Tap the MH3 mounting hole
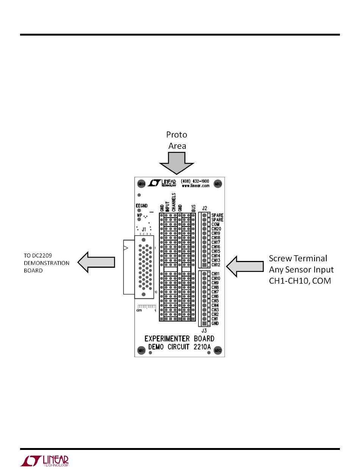click(218, 184)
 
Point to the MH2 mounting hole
click(218, 350)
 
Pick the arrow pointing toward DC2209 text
click(96, 262)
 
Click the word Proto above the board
click(177, 135)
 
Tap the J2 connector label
click(205, 208)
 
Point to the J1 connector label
click(144, 229)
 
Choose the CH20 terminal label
click(216, 229)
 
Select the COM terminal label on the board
click(215, 224)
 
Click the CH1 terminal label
click(215, 319)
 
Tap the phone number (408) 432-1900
click(196, 181)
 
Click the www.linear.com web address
click(196, 186)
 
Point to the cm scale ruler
click(146, 308)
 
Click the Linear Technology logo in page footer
click(44, 461)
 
